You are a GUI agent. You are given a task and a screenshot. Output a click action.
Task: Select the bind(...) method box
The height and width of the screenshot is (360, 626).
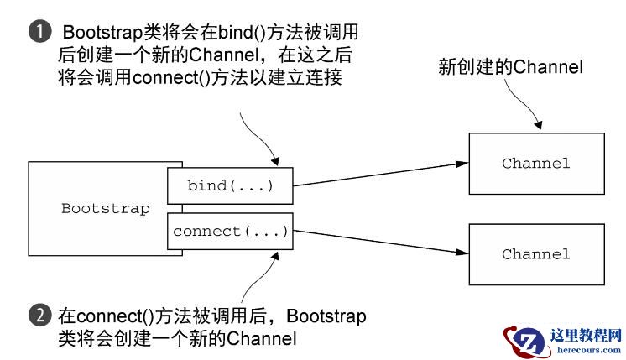tap(229, 185)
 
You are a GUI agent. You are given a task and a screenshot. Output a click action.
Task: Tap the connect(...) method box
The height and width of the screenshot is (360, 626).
tap(229, 231)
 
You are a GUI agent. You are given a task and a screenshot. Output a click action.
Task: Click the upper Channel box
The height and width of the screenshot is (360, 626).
tap(535, 163)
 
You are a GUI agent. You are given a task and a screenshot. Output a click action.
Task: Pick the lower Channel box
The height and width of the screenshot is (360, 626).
tap(535, 253)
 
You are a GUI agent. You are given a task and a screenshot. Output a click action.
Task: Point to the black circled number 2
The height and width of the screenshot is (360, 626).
tap(38, 316)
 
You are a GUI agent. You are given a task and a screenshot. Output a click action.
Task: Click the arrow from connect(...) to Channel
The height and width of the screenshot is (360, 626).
tap(378, 243)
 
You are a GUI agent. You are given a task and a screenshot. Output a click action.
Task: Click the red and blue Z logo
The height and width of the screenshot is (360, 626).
tap(525, 339)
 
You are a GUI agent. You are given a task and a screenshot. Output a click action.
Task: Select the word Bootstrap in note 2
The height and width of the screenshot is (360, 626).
tap(321, 316)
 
